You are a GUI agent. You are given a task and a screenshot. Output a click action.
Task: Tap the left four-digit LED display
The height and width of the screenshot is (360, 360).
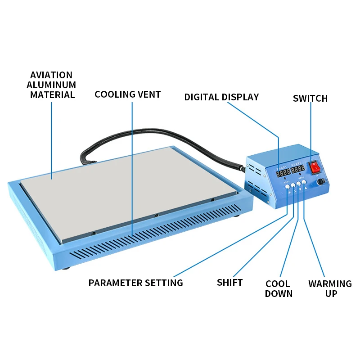(283, 172)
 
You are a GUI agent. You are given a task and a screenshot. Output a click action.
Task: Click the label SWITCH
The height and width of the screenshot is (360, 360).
(310, 99)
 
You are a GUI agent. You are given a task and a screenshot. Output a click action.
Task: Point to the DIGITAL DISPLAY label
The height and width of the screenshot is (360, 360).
(221, 97)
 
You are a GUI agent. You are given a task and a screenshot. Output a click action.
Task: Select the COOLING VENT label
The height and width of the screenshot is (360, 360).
(127, 94)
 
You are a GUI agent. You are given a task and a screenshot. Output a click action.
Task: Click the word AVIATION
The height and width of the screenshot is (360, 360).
(51, 75)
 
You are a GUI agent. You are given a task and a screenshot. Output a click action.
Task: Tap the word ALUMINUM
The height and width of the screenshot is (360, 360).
(51, 85)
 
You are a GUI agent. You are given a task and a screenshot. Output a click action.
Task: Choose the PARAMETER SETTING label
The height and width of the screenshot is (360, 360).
(135, 283)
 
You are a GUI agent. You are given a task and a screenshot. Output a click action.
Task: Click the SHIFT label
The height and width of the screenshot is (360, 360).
(229, 283)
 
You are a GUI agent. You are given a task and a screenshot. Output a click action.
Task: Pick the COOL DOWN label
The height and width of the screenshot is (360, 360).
(279, 289)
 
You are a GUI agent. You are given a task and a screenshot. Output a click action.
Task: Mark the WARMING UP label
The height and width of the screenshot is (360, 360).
(330, 289)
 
